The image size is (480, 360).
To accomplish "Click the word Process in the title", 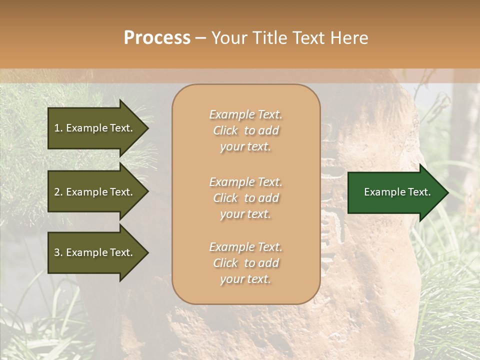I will click(x=157, y=38).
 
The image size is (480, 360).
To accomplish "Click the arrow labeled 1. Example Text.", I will click(x=95, y=128).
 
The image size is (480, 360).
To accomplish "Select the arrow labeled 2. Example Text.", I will click(x=95, y=192).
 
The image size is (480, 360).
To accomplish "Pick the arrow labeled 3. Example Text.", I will click(x=95, y=252).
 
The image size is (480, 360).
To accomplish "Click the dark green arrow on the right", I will click(x=395, y=192).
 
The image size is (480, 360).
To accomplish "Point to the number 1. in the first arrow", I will click(x=58, y=128).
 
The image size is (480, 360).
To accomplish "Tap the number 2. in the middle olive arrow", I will click(x=58, y=192).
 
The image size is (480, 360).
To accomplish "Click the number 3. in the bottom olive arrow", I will click(x=58, y=252).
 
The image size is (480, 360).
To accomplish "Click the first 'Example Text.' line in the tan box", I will click(x=245, y=114).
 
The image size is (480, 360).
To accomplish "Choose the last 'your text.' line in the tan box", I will click(x=245, y=279).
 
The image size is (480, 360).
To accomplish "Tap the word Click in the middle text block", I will click(x=225, y=198).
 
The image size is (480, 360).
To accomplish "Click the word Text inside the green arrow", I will click(x=419, y=192).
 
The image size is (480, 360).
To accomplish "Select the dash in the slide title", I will click(x=200, y=38).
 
